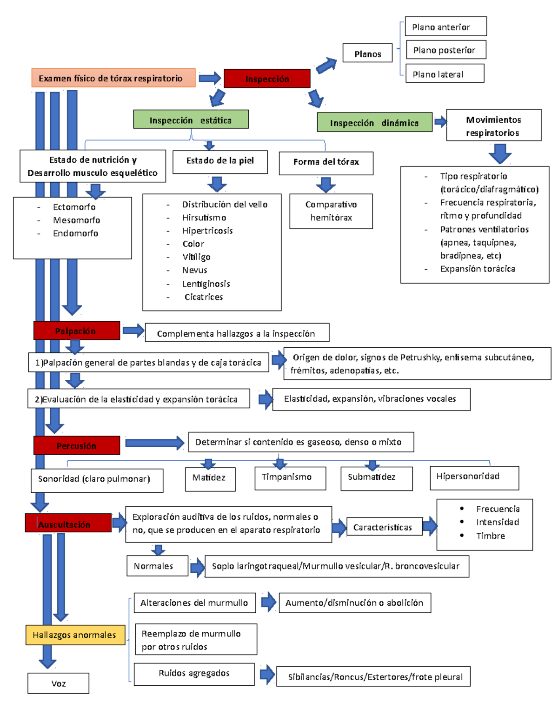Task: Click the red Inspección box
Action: [x=267, y=79]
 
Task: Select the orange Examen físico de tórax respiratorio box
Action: [x=113, y=78]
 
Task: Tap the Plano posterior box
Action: [x=445, y=50]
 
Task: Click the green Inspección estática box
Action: [x=191, y=119]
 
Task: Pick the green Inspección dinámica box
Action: [x=374, y=122]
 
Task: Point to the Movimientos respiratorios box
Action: [x=493, y=126]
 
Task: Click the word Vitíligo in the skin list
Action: [x=196, y=257]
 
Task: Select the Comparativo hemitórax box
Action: [x=331, y=211]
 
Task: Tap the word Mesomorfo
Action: [x=76, y=220]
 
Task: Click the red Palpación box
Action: [x=76, y=331]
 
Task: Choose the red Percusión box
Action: [x=76, y=445]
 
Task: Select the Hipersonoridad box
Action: [x=474, y=477]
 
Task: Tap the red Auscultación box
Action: [x=68, y=523]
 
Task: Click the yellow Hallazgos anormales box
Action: [x=75, y=635]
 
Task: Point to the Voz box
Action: [x=58, y=683]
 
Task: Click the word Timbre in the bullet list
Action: [x=490, y=536]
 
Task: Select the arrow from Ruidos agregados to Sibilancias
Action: [x=267, y=674]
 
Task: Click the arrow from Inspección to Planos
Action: [x=326, y=65]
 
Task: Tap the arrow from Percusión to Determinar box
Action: [x=154, y=443]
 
